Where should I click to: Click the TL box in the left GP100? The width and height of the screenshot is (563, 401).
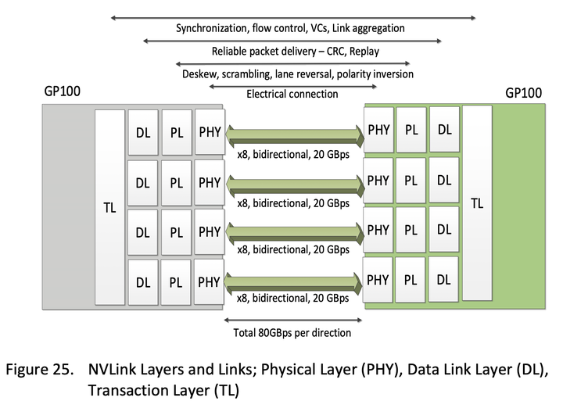tap(109, 208)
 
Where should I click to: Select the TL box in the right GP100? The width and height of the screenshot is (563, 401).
tap(477, 202)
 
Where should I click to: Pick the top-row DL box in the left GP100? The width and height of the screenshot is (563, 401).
tap(142, 134)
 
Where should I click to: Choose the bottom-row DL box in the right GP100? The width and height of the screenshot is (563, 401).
tap(444, 278)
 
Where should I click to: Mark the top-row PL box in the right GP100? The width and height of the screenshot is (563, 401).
tap(411, 131)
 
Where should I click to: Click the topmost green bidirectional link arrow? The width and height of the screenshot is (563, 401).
tap(294, 137)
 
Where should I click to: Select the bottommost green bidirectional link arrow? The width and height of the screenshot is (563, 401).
tap(294, 282)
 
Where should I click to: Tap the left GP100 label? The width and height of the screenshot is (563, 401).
tap(62, 92)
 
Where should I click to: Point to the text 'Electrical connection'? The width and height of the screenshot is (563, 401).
tap(292, 94)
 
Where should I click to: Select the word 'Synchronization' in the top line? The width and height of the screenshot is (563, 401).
tap(211, 28)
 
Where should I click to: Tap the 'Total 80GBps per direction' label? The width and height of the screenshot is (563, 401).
tap(292, 332)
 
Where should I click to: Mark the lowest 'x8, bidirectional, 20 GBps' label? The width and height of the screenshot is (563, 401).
tap(293, 298)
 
